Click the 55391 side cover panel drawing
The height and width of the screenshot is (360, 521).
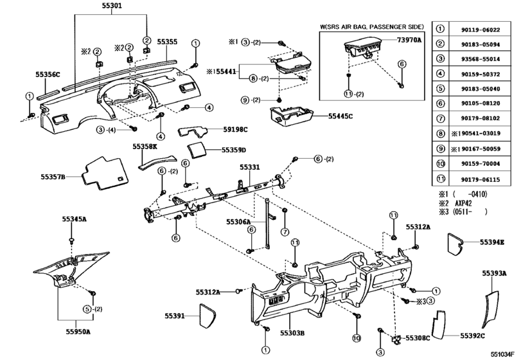coord(208,316)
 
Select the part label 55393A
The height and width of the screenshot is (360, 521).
coord(494,273)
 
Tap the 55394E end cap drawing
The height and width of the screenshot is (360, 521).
coord(459,242)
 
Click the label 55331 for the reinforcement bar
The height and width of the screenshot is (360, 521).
coord(250,166)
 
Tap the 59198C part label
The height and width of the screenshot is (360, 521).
coord(234,130)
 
